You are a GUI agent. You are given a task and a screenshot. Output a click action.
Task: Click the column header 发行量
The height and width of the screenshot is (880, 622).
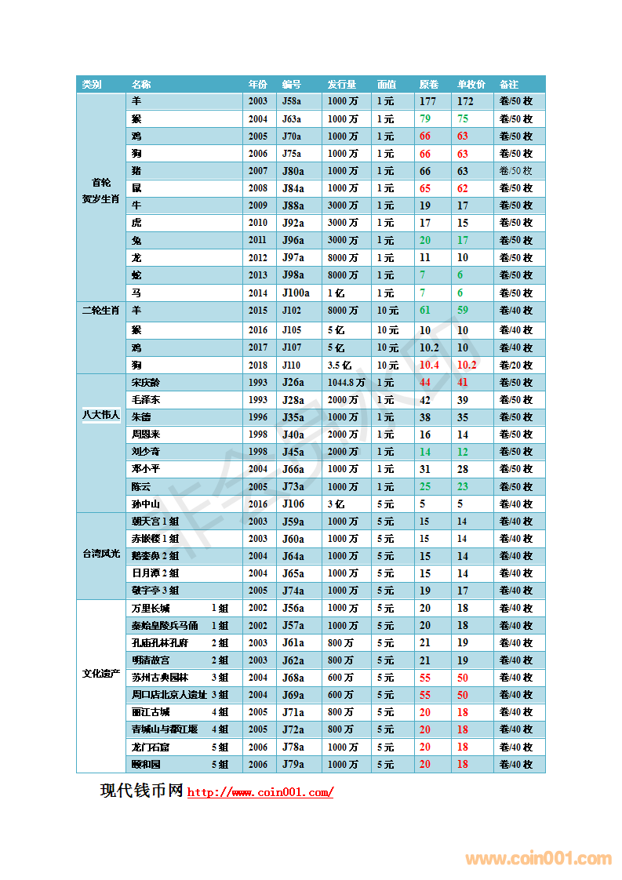pos(342,84)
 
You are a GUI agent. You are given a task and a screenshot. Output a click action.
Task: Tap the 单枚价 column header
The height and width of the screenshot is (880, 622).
pos(471,84)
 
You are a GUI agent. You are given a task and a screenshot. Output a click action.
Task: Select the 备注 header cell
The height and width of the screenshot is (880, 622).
pos(509,84)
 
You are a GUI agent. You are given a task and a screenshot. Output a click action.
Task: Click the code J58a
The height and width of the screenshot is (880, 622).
pos(291,101)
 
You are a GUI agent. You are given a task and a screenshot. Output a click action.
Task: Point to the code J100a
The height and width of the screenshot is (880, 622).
pos(296,293)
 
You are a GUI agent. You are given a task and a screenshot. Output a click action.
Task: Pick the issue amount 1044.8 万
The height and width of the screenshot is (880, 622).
pos(346,383)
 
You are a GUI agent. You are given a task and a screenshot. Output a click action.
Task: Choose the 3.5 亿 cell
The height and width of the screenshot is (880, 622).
pos(340,365)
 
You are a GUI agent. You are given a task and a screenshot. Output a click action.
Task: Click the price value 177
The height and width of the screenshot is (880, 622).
pos(427,101)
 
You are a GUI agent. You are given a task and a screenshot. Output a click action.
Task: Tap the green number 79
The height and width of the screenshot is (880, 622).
pos(425,118)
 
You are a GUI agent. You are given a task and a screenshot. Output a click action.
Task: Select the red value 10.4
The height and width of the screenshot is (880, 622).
pos(429,365)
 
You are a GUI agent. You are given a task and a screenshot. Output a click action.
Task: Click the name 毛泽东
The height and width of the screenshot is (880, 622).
pos(146,400)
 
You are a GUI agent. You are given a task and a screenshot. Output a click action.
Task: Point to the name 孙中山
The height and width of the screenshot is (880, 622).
pos(146,504)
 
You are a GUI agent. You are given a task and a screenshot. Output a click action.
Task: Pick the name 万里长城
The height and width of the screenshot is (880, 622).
pos(151,608)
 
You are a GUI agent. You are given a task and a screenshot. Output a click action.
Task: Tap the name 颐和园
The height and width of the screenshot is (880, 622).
pos(146,764)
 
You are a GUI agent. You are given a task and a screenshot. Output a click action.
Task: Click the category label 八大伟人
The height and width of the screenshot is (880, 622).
pos(101,414)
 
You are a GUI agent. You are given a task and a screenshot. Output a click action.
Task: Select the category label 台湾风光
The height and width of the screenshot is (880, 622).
pos(101,554)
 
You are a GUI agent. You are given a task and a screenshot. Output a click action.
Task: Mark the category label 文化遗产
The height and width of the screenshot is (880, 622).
pos(101,674)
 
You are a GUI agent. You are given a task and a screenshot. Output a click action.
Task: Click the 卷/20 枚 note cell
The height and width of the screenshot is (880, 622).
pos(516,365)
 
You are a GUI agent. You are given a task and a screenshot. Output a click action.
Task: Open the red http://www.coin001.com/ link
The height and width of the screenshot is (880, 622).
pos(260,792)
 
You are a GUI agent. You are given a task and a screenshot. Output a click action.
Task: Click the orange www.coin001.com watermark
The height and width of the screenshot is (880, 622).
pos(538,859)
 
